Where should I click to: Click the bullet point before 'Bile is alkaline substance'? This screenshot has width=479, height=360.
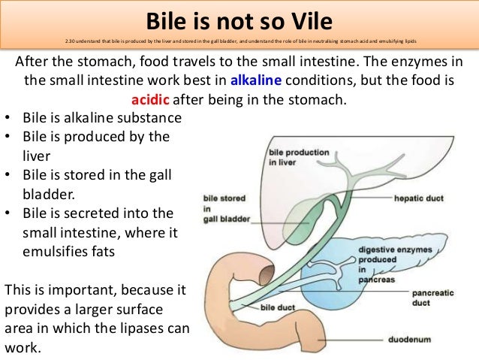click(8, 119)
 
